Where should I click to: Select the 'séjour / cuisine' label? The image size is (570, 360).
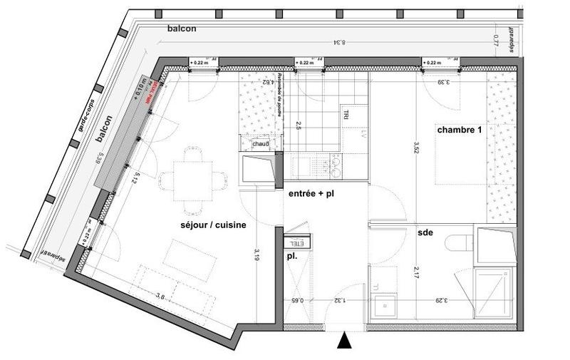(213, 225)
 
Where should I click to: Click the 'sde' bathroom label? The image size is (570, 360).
(426, 232)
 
